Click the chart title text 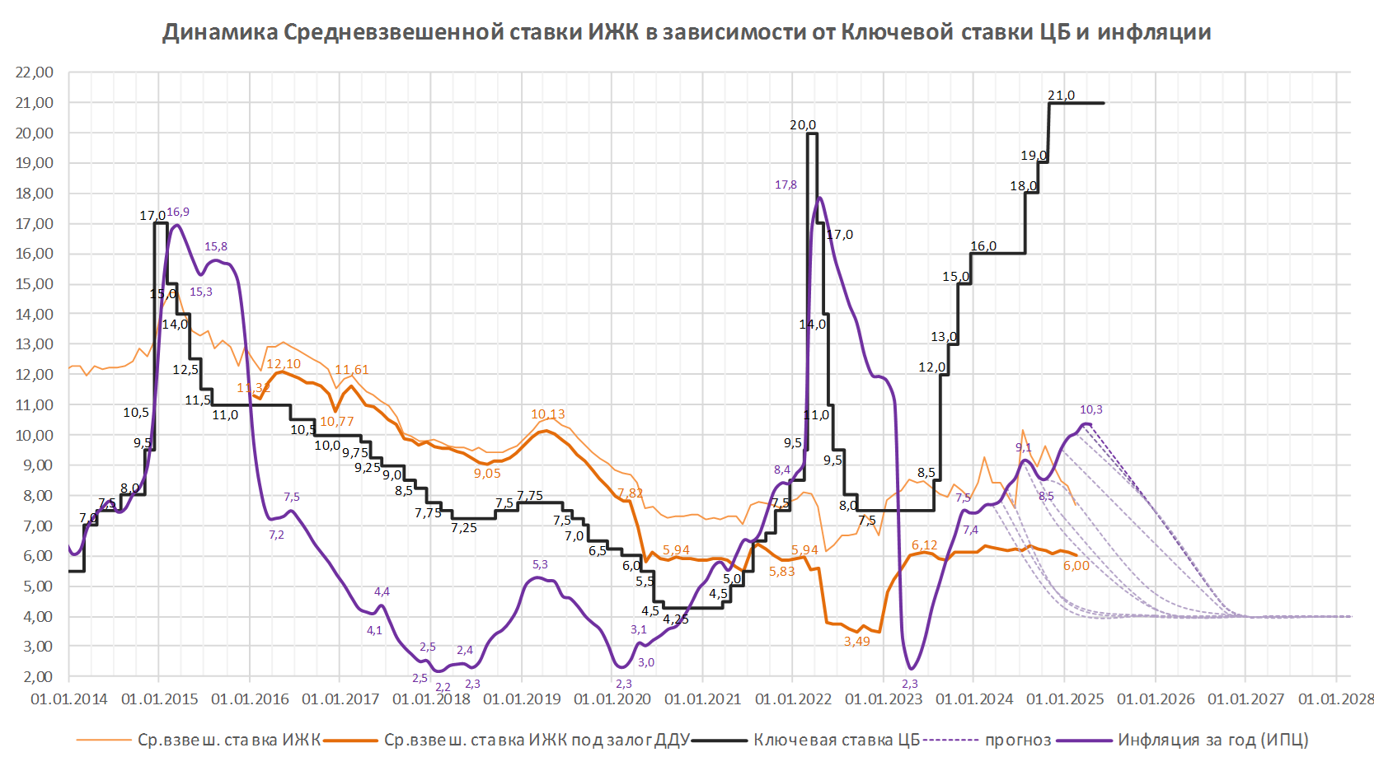(687, 32)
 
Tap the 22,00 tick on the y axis (34, 72)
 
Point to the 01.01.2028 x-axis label (1336, 699)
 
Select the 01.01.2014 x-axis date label (69, 699)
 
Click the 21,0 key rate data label (1061, 96)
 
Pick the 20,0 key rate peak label (803, 125)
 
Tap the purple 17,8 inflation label (785, 185)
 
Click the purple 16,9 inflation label (178, 213)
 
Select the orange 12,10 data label (284, 364)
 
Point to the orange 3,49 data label (856, 642)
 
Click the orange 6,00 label (1076, 566)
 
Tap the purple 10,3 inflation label (1090, 409)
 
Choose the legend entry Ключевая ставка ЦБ (836, 741)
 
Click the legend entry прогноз (1018, 741)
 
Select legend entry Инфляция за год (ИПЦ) (1212, 741)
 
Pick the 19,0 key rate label (1034, 156)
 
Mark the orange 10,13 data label (547, 414)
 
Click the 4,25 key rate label (676, 619)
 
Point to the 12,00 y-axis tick (34, 375)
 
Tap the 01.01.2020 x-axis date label (612, 699)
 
